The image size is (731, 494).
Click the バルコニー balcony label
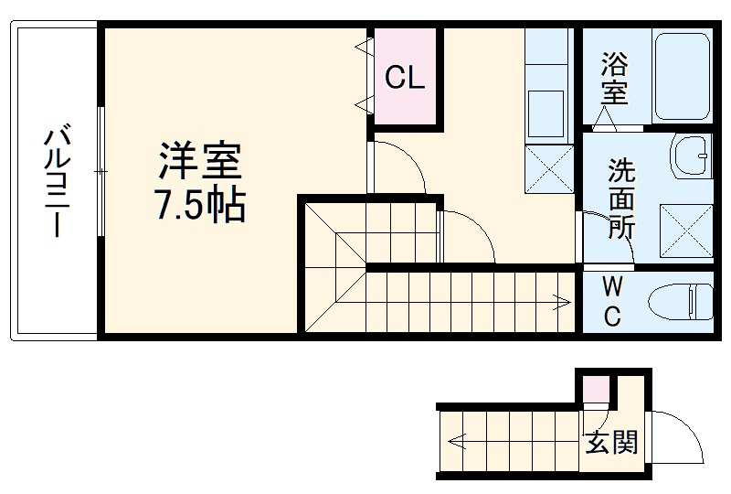click(x=57, y=184)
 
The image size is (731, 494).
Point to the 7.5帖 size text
click(x=199, y=207)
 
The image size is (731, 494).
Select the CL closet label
click(x=405, y=79)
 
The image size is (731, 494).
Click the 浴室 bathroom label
click(x=614, y=79)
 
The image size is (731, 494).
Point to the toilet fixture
click(x=681, y=301)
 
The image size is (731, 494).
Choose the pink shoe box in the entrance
click(x=596, y=389)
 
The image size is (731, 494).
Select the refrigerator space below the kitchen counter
click(x=548, y=169)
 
